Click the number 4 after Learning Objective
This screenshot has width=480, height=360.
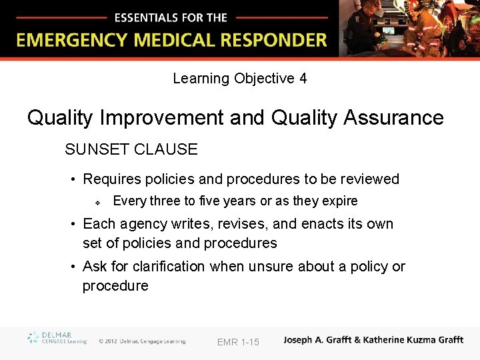click(303, 79)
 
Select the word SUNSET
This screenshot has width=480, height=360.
click(96, 149)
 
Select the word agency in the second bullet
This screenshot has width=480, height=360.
click(142, 224)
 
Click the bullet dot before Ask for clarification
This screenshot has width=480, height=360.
click(73, 267)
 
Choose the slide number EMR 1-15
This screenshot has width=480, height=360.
click(238, 342)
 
